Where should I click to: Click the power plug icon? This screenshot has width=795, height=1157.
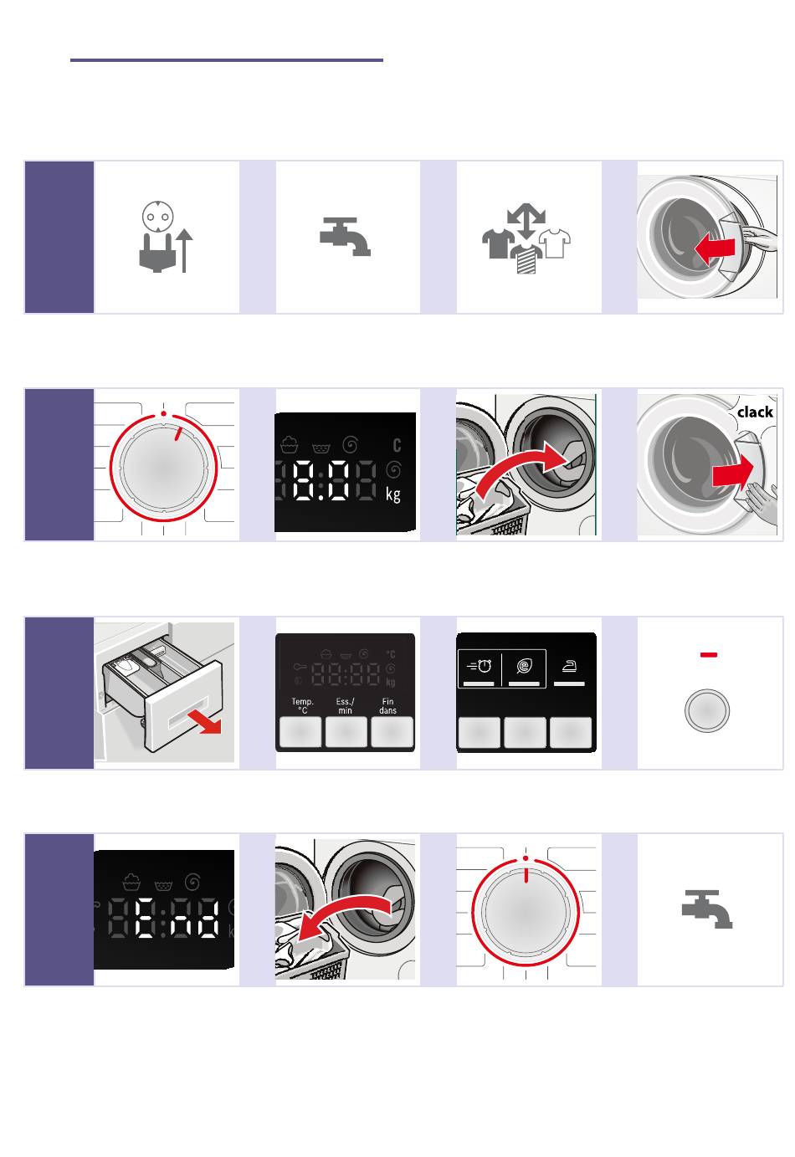157,253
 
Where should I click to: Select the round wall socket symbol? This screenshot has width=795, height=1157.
157,217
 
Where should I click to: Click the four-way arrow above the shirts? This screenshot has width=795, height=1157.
526,221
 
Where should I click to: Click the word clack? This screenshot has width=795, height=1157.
755,412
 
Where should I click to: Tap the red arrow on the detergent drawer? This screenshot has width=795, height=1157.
204,721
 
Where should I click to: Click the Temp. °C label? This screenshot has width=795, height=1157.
302,705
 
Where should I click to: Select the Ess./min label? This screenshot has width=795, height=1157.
345,705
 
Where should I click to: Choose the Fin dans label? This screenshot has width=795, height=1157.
387,705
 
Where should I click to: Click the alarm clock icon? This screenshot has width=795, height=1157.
480,666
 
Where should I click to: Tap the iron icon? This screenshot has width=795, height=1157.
569,666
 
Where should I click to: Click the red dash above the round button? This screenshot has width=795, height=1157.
708,654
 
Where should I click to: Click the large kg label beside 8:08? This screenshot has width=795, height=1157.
393,494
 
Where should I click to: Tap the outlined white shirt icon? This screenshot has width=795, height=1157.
555,243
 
